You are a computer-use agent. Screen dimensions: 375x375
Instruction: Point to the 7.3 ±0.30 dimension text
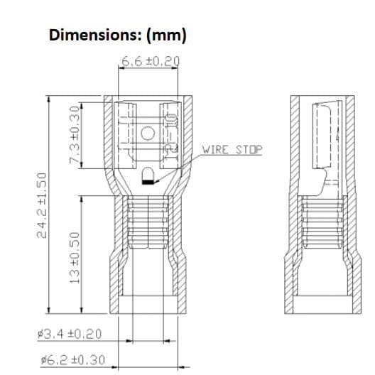coord(72,135)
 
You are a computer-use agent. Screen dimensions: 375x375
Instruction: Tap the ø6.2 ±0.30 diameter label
coord(72,360)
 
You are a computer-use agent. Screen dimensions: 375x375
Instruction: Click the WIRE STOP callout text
coord(232,150)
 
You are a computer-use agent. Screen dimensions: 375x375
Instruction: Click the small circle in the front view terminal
coord(148,132)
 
